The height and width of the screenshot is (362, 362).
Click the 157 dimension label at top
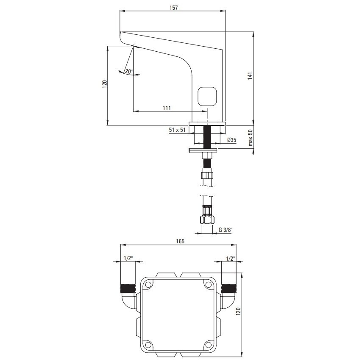pyautogui.click(x=174, y=8)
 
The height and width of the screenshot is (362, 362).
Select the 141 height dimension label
pyautogui.click(x=250, y=76)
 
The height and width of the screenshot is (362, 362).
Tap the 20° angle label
pyautogui.click(x=129, y=71)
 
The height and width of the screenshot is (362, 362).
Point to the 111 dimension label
pyautogui.click(x=167, y=108)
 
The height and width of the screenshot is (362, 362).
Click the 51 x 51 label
pyautogui.click(x=177, y=130)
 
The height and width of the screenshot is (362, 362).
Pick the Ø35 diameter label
pyautogui.click(x=231, y=140)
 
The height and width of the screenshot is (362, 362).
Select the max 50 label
pyautogui.click(x=251, y=138)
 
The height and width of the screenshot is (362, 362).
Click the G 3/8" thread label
pyautogui.click(x=226, y=230)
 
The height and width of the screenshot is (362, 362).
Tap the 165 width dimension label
pyautogui.click(x=180, y=241)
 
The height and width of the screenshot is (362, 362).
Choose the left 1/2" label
pyautogui.click(x=128, y=258)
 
